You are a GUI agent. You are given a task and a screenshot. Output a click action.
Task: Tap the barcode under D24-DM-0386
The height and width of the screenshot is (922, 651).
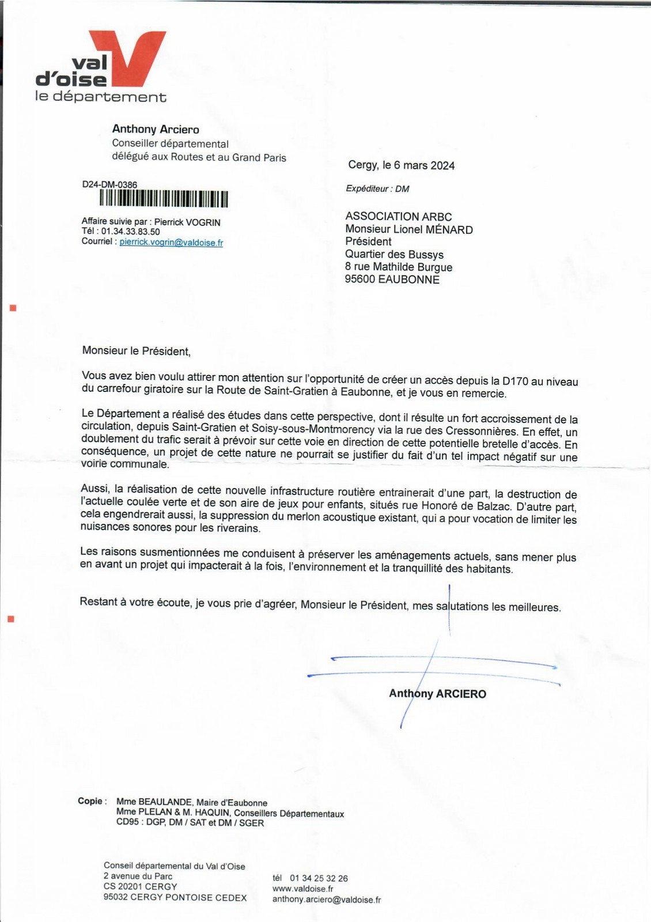pyautogui.click(x=164, y=199)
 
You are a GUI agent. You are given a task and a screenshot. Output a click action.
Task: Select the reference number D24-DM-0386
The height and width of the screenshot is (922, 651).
pyautogui.click(x=109, y=185)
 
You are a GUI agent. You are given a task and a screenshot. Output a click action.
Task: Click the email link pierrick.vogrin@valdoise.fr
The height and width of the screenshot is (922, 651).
pyautogui.click(x=171, y=243)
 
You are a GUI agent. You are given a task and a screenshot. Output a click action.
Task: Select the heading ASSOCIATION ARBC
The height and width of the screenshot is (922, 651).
pyautogui.click(x=398, y=217)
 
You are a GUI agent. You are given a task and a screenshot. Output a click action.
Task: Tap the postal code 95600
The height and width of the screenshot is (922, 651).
pyautogui.click(x=360, y=279)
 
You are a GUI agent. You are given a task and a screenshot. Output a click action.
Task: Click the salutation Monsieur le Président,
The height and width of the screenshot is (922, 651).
pyautogui.click(x=136, y=351)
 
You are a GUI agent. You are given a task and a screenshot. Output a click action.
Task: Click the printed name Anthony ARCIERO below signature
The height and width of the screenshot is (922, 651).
pyautogui.click(x=437, y=694)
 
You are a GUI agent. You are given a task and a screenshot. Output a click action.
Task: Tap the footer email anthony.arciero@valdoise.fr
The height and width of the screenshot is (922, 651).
pyautogui.click(x=326, y=900)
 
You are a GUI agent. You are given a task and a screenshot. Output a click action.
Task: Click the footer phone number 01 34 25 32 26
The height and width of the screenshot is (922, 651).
pyautogui.click(x=319, y=878)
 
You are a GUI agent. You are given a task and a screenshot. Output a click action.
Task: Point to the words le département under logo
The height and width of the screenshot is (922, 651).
pyautogui.click(x=101, y=97)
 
